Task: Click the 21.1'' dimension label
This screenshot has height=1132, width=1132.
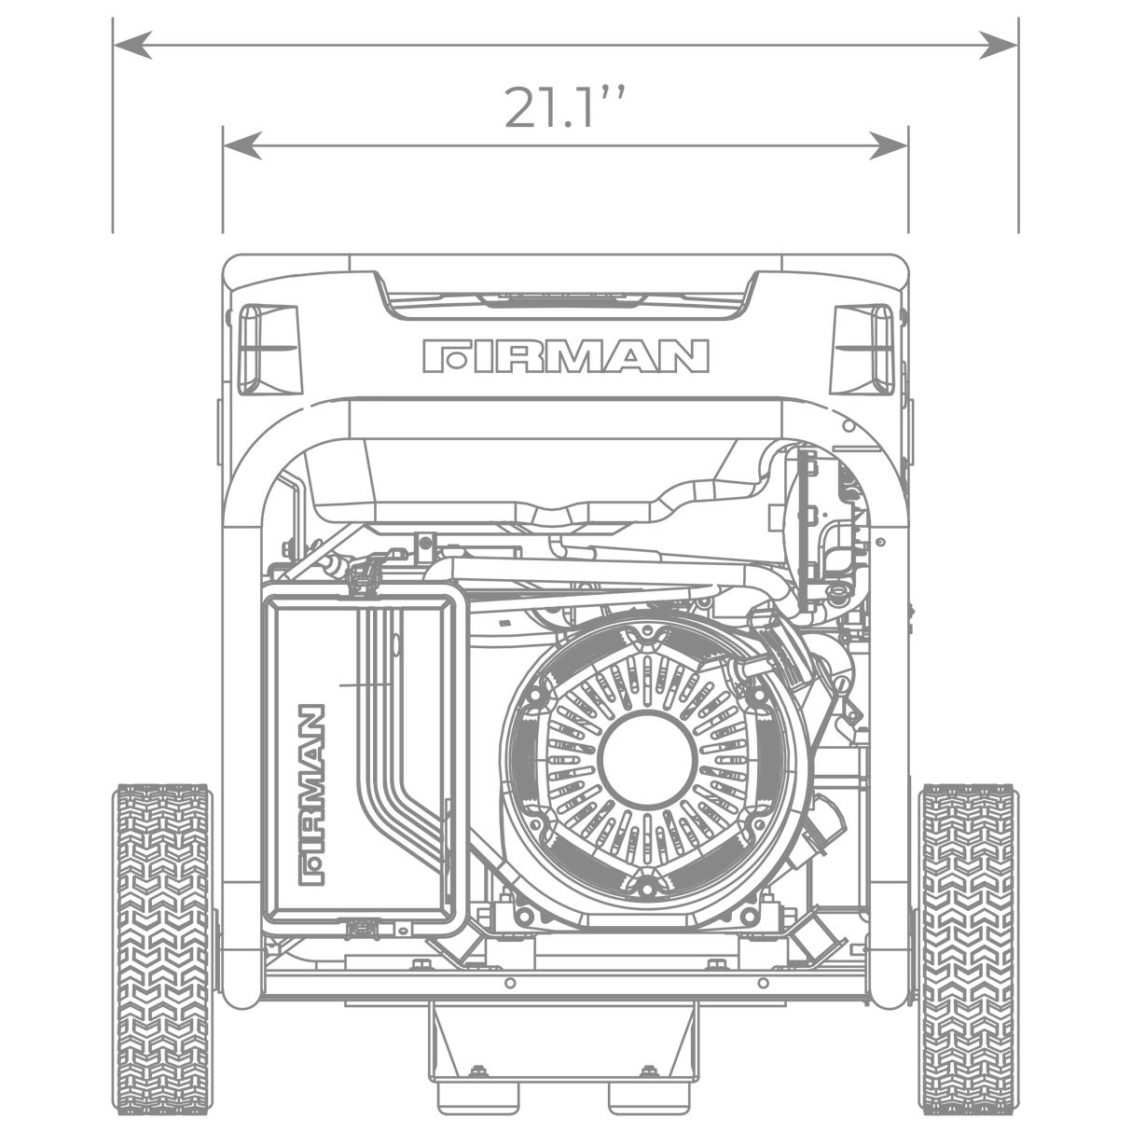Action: click(564, 107)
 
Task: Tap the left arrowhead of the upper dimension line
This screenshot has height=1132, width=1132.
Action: click(132, 46)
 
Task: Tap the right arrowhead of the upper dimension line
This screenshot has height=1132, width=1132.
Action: click(998, 46)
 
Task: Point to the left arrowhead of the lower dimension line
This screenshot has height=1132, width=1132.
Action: click(242, 145)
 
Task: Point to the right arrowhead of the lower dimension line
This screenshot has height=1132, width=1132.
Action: click(889, 145)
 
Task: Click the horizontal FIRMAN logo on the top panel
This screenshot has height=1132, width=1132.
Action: click(566, 356)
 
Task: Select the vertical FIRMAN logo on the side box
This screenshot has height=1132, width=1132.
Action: click(311, 794)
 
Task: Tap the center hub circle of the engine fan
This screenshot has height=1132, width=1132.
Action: click(647, 756)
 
